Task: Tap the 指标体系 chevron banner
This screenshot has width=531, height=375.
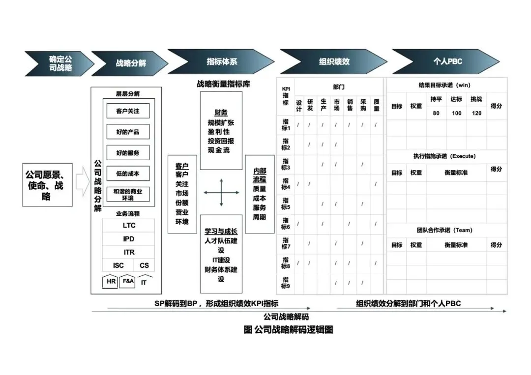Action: click(x=221, y=62)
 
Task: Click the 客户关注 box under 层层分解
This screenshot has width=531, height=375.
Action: click(x=128, y=111)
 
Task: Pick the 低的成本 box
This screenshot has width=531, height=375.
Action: click(x=128, y=173)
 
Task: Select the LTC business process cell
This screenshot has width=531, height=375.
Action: click(x=129, y=226)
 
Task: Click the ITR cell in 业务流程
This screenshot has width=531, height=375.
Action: click(x=129, y=252)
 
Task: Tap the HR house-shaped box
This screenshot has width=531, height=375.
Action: click(x=111, y=282)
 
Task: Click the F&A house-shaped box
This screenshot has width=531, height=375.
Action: click(x=128, y=282)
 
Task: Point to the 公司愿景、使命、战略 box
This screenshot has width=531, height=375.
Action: click(x=47, y=185)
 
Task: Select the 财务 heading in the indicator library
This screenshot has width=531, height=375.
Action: click(x=221, y=113)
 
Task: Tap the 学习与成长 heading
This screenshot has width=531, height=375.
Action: click(x=221, y=231)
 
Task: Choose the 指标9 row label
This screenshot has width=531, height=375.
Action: click(x=286, y=283)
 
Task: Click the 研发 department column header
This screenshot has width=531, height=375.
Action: click(x=310, y=105)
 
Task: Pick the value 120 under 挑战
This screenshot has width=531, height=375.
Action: click(x=476, y=113)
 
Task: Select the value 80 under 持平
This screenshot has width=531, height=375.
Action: click(x=436, y=113)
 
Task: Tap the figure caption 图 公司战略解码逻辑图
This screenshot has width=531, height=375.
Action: click(x=288, y=330)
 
